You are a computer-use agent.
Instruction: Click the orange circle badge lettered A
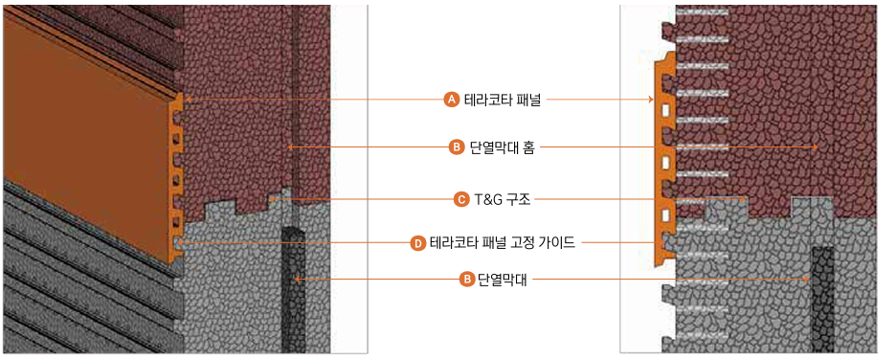pyautogui.click(x=452, y=99)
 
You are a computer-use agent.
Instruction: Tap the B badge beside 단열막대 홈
pyautogui.click(x=457, y=147)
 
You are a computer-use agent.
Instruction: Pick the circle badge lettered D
pyautogui.click(x=417, y=243)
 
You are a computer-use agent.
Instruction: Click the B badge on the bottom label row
pyautogui.click(x=466, y=280)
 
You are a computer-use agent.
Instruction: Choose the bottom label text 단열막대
pyautogui.click(x=501, y=280)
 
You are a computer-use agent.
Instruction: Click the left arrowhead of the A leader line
pyautogui.click(x=187, y=99)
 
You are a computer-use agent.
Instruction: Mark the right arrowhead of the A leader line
pyautogui.click(x=650, y=99)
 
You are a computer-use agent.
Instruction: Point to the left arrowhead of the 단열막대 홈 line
pyautogui.click(x=290, y=147)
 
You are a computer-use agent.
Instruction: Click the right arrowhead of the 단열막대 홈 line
pyautogui.click(x=816, y=147)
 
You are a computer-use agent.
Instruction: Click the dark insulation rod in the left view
pyautogui.click(x=291, y=287)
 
